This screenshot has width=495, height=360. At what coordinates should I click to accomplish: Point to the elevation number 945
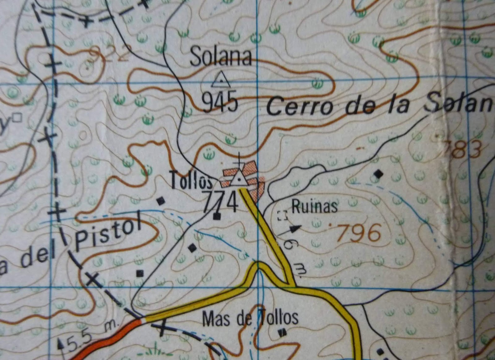click(x=221, y=102)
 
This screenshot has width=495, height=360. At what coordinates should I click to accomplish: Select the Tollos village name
click(x=192, y=182)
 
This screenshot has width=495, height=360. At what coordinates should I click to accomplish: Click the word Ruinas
click(x=314, y=207)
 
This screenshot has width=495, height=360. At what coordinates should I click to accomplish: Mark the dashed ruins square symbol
click(x=282, y=215)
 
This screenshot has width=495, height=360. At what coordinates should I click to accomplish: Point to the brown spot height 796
click(x=359, y=233)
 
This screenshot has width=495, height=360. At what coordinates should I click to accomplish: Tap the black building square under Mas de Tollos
click(x=282, y=333)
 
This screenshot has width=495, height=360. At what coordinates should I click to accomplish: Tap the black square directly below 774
click(x=217, y=216)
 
